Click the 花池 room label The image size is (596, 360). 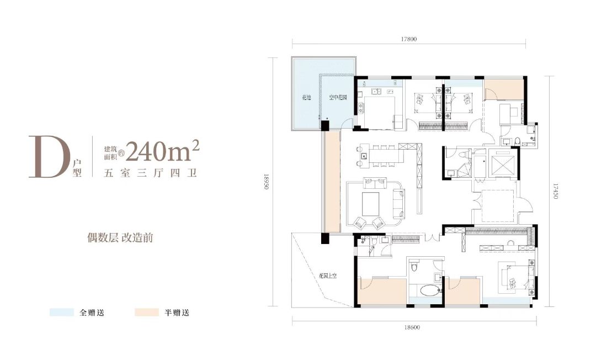click(x=306, y=97)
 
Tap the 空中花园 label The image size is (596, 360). click(x=337, y=97)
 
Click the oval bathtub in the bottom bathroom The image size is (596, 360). click(x=424, y=290)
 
